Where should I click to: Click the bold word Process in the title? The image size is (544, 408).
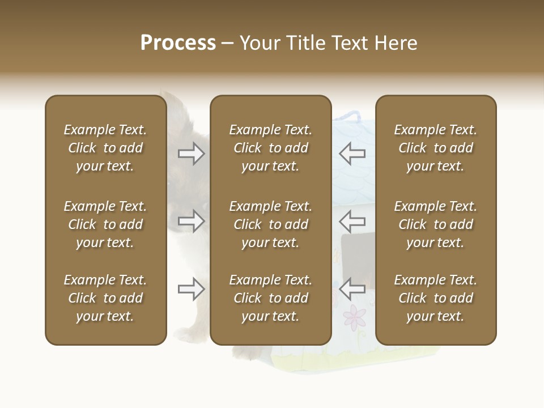coord(178,43)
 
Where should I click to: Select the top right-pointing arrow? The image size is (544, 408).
coord(191,153)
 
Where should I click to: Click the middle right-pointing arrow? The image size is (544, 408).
coord(191,221)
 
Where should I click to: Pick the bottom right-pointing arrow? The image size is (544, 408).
coord(191,289)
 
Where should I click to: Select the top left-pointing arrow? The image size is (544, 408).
coord(352,153)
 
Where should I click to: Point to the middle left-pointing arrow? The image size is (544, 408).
coord(352,221)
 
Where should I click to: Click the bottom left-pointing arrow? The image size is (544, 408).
coord(352,289)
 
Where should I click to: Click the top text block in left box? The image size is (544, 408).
coord(105,148)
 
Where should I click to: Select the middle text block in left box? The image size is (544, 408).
coord(105,224)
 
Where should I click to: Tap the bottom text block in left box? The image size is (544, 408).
coord(105,298)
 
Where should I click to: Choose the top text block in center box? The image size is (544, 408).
coord(270,148)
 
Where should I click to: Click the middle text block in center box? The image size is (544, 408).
coord(270,224)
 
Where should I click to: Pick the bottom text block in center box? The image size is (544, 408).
coord(270,298)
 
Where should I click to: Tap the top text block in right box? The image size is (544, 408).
coord(435,148)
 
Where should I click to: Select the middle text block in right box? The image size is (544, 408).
coord(435,224)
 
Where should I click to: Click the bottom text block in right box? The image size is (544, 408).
coord(435,298)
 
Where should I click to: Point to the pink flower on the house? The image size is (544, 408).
coord(355,317)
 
